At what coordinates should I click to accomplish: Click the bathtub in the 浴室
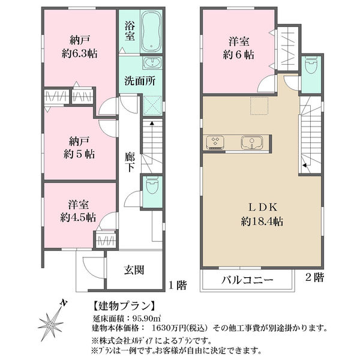(x=151, y=31)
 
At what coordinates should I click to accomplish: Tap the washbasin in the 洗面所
(x=152, y=62)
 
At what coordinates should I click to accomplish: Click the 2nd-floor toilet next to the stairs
(x=311, y=65)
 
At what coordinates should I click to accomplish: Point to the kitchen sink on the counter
(x=251, y=142)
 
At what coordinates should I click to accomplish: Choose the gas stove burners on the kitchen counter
(x=215, y=142)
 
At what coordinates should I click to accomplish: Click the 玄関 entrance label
(x=134, y=270)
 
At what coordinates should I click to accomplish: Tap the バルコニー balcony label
(x=247, y=280)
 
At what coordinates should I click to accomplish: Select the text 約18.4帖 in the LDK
(x=262, y=221)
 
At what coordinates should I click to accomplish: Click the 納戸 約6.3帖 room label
(x=79, y=47)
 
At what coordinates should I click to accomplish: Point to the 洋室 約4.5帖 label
(x=78, y=211)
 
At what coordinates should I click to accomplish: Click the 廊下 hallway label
(x=130, y=163)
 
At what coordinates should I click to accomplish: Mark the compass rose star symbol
(x=50, y=325)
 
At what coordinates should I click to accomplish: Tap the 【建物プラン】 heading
(x=124, y=305)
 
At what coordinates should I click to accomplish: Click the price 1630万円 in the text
(x=169, y=328)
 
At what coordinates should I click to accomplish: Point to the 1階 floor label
(x=178, y=286)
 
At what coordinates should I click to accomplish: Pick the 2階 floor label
(x=314, y=278)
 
